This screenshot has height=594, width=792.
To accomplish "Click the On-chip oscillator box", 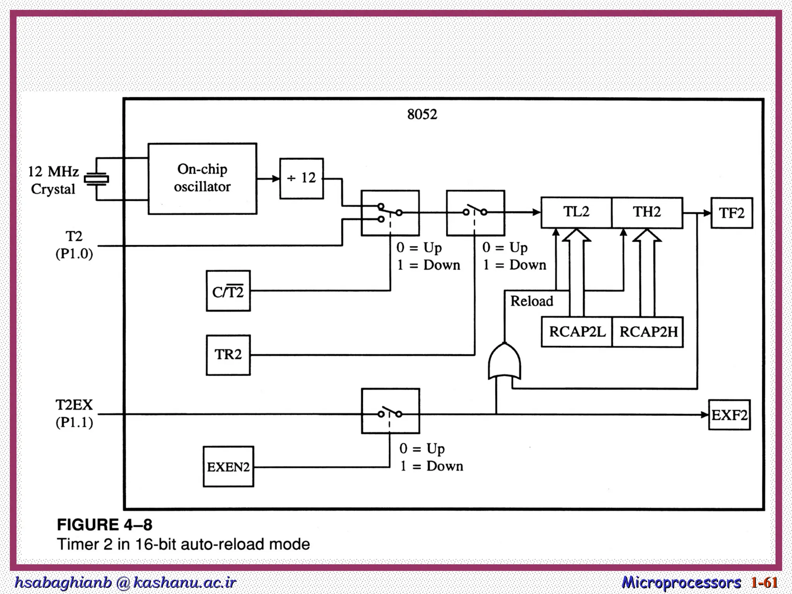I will click(202, 179).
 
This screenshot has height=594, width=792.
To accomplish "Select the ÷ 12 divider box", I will click(302, 178).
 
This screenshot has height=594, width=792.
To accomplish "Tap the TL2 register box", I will click(576, 212).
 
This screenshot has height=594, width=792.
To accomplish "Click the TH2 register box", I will click(647, 212).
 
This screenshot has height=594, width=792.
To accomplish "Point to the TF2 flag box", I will click(732, 213).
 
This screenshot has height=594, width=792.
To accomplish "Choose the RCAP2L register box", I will click(577, 332).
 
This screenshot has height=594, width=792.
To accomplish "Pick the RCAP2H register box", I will click(648, 332).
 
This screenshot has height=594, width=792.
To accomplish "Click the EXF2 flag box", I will click(729, 415).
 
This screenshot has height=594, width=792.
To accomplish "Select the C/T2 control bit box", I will click(228, 291).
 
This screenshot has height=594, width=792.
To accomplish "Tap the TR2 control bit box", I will click(228, 355).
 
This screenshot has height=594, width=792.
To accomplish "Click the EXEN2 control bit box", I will click(229, 466).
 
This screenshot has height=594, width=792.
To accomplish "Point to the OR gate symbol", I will click(504, 361).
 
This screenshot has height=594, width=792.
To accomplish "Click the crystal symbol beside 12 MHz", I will click(96, 179).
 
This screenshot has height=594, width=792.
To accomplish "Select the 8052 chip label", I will click(422, 114).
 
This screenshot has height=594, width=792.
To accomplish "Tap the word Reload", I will click(532, 301).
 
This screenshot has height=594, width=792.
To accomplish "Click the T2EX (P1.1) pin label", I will click(74, 414).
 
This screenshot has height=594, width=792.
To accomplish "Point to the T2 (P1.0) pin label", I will click(74, 245).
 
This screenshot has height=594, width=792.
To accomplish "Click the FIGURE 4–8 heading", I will click(105, 525).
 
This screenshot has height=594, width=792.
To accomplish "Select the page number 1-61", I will click(764, 582).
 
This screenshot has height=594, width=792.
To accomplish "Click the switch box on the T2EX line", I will click(390, 411).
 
